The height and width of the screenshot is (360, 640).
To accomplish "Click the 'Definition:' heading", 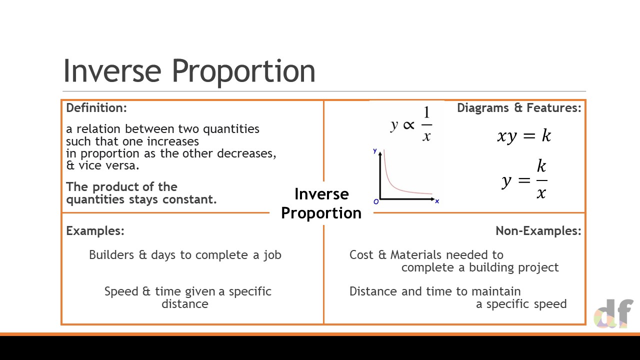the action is coord(96,108).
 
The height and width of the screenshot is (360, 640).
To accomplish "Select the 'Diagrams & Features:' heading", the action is coord(519,108).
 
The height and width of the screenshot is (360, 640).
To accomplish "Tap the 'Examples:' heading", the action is coord(95,231).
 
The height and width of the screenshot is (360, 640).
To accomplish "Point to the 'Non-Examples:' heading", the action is coord(538,231).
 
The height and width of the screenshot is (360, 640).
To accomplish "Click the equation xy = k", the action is coord(524,135).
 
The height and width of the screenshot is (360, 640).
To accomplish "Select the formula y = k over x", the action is coord(524,179).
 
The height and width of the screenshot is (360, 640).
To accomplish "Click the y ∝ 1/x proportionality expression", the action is coord(411,123).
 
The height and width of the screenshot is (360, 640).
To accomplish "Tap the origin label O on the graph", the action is coord(376,201).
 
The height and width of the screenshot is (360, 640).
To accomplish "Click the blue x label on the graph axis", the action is coord(437,201).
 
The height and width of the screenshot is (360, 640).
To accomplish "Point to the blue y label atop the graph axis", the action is coord(375,151).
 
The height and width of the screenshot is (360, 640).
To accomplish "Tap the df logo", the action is coord(613,313).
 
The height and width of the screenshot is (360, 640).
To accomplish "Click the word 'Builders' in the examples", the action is coord(111,255).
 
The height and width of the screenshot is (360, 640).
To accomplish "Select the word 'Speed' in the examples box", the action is coord(121,291).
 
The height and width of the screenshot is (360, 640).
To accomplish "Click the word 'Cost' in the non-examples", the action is coord(361,255).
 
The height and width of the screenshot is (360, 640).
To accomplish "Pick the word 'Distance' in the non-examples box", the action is coord(372,291).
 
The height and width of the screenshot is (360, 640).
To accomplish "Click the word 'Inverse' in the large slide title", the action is coord(112,70).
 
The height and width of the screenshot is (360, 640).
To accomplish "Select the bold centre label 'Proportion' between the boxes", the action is coord(321,213).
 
